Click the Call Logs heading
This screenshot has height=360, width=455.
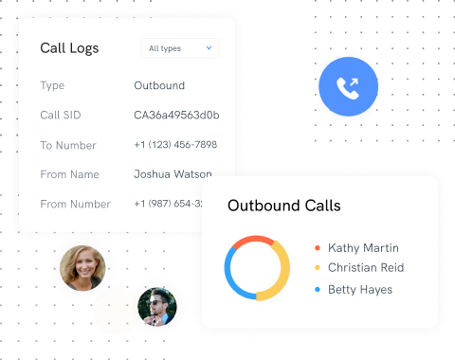(69, 48)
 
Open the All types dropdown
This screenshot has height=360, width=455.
(180, 48)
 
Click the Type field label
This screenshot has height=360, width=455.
(53, 86)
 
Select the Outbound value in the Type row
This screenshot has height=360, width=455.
(159, 86)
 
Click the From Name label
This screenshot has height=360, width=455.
(68, 174)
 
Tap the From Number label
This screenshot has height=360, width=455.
(75, 204)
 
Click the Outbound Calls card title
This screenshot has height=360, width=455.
(283, 206)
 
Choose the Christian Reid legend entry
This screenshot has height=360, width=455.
(365, 268)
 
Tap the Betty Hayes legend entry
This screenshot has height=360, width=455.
(359, 289)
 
